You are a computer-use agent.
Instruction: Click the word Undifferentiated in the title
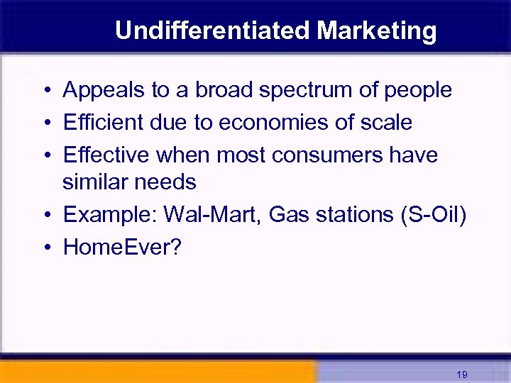coord(212,30)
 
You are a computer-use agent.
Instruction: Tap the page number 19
coord(462,374)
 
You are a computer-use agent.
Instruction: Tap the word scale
coord(388,122)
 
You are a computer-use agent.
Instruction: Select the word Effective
coord(106,154)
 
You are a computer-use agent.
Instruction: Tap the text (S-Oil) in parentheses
coord(433,215)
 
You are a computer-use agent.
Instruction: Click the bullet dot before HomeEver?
coord(45,248)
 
